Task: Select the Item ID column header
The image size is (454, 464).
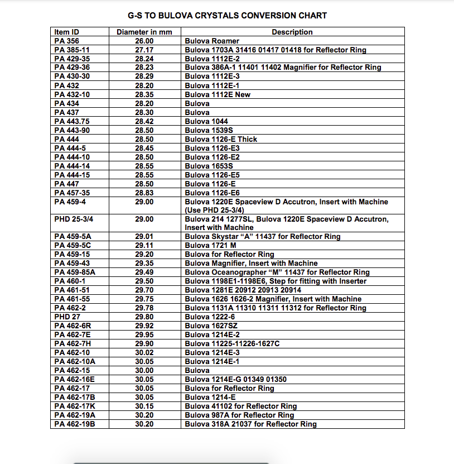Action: [x=66, y=32]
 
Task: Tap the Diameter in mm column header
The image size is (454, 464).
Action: [x=144, y=32]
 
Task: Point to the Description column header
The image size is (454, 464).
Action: [x=292, y=32]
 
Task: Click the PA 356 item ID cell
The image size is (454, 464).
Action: [x=66, y=41]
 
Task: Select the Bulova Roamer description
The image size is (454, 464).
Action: [x=212, y=41]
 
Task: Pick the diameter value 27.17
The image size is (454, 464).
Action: [x=144, y=50]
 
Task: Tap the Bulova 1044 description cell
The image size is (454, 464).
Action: [x=206, y=121]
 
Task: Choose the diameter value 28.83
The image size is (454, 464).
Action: [x=144, y=193]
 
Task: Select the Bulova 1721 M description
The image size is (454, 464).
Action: [x=211, y=245]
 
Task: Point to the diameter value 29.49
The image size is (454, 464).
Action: [x=144, y=272]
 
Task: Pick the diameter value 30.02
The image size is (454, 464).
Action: [x=144, y=352]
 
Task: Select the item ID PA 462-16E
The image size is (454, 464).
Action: [x=74, y=379]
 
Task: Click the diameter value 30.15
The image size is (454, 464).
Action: [x=144, y=406]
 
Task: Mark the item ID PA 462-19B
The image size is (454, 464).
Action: [x=75, y=424]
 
